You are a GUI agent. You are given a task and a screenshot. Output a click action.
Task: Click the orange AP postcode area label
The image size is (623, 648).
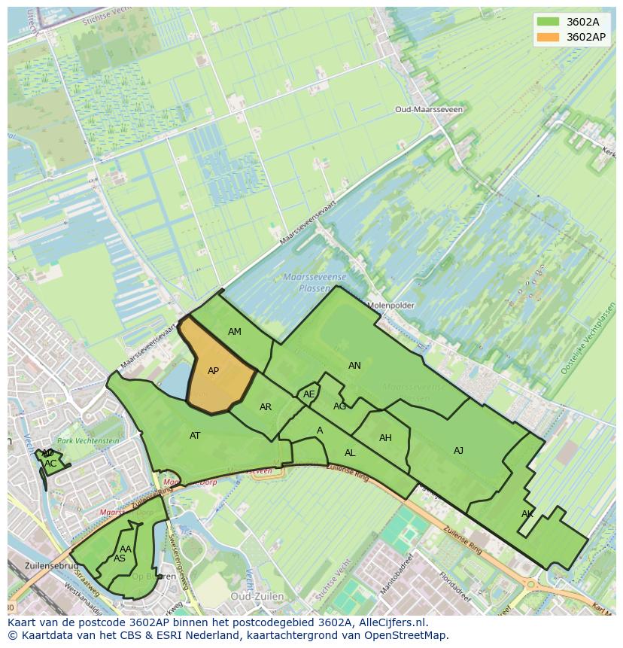(213, 371)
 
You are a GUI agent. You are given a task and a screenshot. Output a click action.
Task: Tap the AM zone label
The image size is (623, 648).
(235, 332)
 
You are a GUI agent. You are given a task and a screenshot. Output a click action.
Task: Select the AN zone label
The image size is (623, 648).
(354, 366)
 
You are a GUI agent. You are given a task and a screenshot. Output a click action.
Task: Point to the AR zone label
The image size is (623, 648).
(266, 407)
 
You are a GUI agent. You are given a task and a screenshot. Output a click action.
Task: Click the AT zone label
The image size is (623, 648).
(195, 436)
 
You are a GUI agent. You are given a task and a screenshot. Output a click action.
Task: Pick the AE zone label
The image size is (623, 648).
(308, 394)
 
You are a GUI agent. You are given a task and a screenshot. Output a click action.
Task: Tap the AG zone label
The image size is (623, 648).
(339, 406)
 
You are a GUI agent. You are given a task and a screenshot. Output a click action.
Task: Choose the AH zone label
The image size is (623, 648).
(385, 438)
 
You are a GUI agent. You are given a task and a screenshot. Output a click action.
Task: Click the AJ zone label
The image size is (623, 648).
(458, 451)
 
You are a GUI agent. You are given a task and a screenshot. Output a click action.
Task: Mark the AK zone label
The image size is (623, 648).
(527, 514)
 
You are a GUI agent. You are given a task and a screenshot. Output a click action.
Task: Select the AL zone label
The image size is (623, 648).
(350, 453)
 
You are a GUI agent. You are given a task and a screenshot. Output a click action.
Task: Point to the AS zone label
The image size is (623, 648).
(120, 558)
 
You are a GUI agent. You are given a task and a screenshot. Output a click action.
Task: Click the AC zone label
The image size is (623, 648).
(50, 464)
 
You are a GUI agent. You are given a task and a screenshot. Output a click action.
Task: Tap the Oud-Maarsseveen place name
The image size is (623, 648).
(429, 109)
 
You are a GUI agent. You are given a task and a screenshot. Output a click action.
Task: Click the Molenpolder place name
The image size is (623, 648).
(391, 306)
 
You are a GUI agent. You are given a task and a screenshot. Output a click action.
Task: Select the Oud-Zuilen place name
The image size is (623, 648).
(257, 596)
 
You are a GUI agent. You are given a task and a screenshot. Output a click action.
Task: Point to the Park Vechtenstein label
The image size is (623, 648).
(88, 441)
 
